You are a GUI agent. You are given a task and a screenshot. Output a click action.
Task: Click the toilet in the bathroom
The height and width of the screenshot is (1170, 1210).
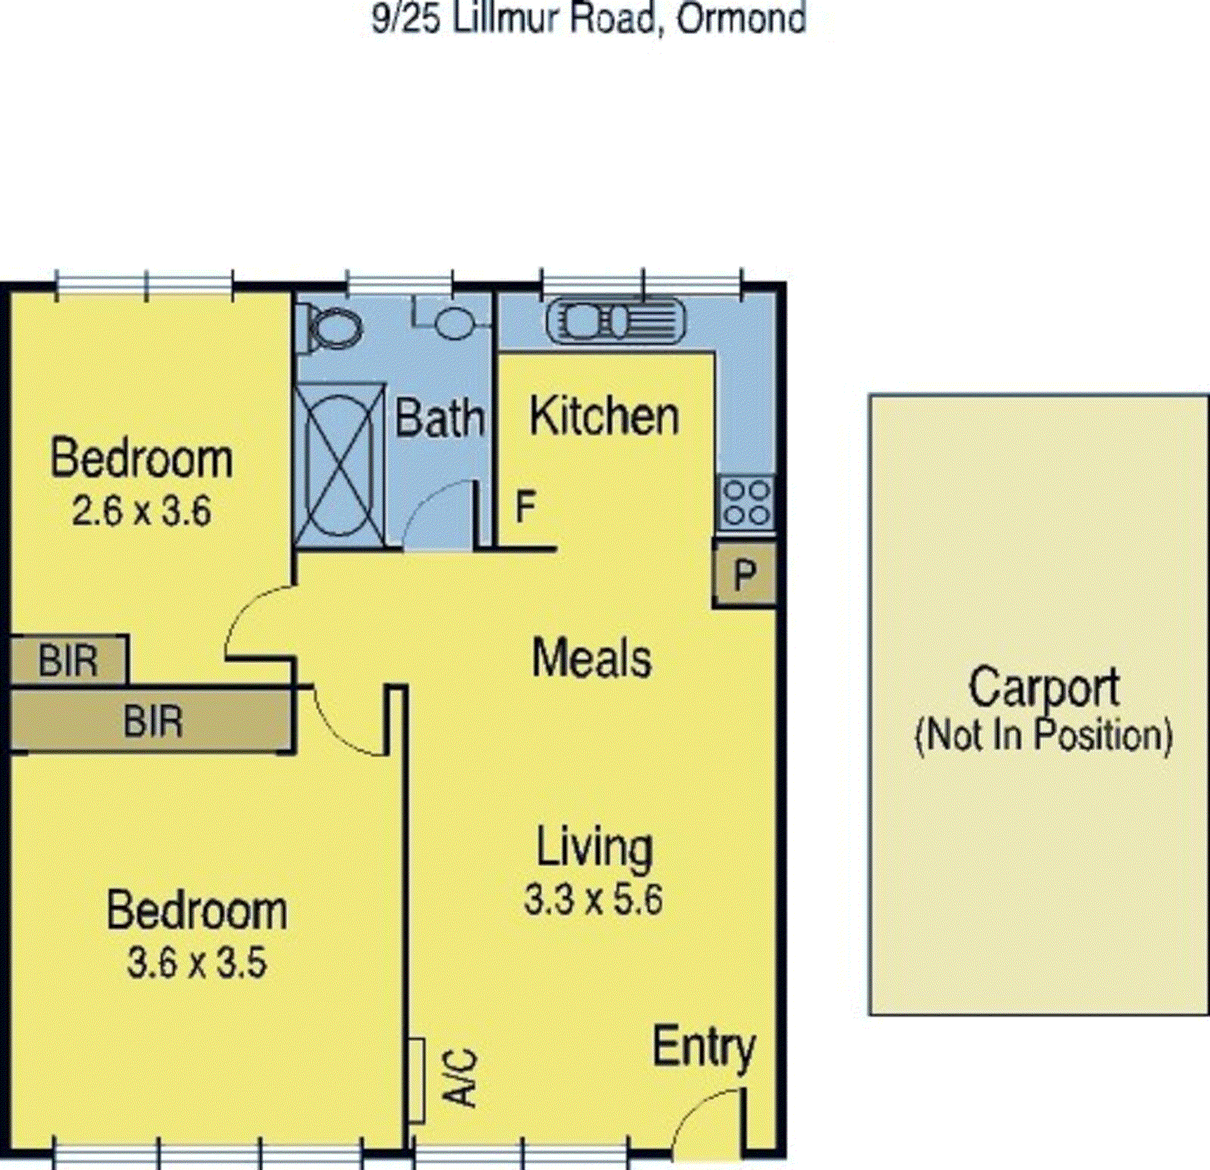331,327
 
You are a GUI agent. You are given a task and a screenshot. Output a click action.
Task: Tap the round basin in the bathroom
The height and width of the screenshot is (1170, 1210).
452,323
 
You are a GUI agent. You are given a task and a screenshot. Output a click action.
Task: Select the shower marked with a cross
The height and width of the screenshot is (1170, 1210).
339,464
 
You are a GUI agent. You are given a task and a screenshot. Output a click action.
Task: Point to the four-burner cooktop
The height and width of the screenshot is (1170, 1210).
746,503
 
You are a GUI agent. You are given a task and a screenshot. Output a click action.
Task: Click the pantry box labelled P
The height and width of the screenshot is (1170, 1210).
745,575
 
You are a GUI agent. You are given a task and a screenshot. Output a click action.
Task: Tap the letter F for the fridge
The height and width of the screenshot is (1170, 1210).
526,507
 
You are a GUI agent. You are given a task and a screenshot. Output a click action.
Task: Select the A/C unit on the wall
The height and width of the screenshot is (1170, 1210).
416,1080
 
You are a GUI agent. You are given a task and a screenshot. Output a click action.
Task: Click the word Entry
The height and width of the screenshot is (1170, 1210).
703,1049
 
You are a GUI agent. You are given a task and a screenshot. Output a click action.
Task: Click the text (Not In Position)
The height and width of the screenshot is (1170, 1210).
1044,736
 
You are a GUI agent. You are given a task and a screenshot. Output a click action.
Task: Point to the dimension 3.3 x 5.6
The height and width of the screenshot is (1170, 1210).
594,900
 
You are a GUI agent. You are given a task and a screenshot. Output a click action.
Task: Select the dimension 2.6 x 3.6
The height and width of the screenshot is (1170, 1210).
141,512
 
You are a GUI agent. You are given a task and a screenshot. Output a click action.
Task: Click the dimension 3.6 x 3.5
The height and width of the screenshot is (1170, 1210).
197,964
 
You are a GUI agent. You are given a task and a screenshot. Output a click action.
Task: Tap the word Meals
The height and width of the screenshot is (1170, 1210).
591,658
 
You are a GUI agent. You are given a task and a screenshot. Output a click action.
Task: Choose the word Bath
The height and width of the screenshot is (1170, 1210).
439,418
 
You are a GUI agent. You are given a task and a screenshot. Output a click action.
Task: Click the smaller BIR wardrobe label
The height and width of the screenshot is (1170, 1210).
68,661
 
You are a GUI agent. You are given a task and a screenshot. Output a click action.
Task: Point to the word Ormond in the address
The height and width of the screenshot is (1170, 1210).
741,19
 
